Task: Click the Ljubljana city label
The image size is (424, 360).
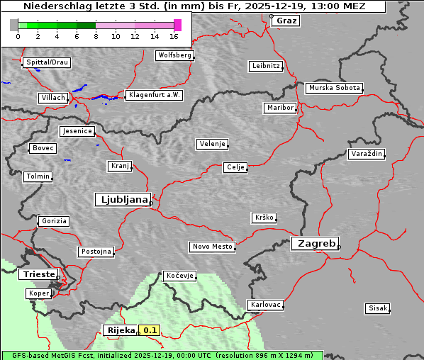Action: point(122,199)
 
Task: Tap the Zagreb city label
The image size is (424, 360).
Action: point(314,243)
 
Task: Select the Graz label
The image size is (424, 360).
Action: point(286,21)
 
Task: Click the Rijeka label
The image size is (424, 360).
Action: point(121,330)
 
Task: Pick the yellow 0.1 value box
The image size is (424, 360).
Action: point(150,330)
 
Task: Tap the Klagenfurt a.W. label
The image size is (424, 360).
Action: point(154,95)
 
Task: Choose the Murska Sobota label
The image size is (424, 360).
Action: point(334,89)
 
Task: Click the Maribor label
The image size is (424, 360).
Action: point(279,108)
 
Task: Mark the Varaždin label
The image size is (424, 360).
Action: point(367,154)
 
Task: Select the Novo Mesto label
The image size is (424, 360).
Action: point(212,247)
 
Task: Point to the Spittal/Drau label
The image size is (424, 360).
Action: point(47,62)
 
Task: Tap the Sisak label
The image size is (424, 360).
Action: point(376,308)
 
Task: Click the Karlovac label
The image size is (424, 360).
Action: point(266,305)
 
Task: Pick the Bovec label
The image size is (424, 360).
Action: point(43,148)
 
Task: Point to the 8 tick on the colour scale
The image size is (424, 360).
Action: point(96,35)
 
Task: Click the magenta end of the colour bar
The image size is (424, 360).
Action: point(177,25)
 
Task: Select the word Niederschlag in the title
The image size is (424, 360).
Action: point(50,6)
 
